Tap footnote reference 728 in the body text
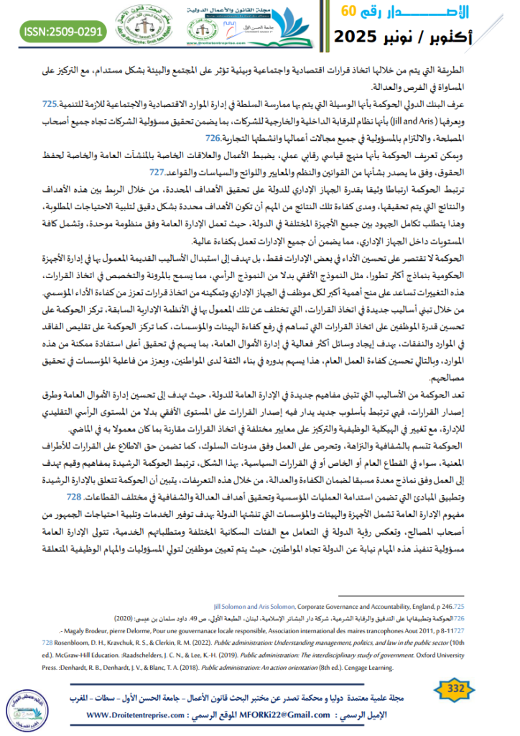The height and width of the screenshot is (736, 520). (x=73, y=475)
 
